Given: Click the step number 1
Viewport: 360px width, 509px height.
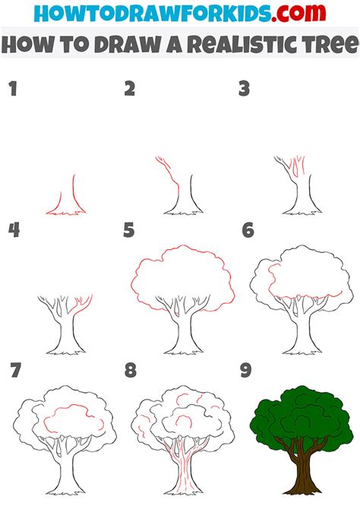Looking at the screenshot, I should click(11, 89).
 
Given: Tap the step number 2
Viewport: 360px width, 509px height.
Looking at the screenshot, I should click(129, 89).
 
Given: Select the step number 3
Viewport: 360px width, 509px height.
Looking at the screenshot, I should click(244, 89).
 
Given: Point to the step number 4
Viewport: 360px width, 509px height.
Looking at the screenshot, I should click(12, 229).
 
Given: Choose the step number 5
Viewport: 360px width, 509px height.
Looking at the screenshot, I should click(129, 229).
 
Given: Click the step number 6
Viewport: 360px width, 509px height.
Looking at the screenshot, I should click(246, 229).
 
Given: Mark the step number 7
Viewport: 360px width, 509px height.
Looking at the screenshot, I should click(13, 370).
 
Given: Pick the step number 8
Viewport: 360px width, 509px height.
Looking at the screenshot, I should click(130, 370).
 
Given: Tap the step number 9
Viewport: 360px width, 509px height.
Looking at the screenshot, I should click(246, 370).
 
